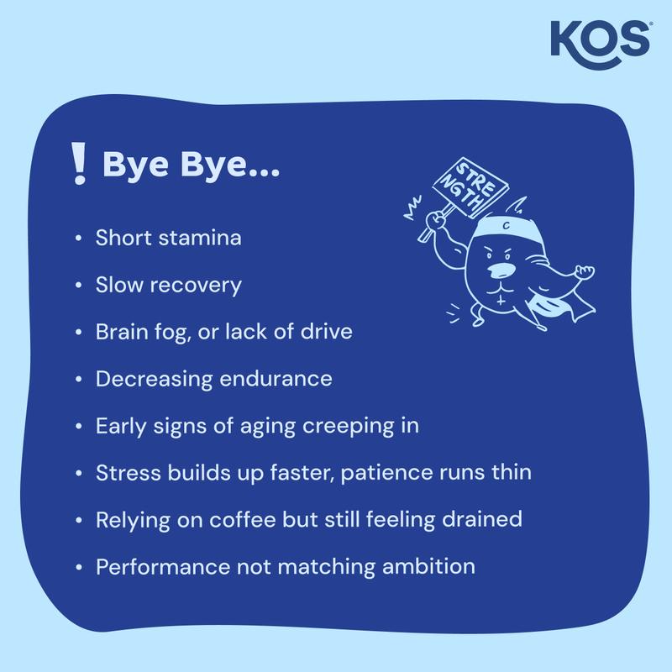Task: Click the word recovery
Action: pyautogui.click(x=201, y=286)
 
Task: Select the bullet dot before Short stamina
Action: pyautogui.click(x=78, y=239)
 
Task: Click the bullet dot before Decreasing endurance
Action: pyautogui.click(x=78, y=380)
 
